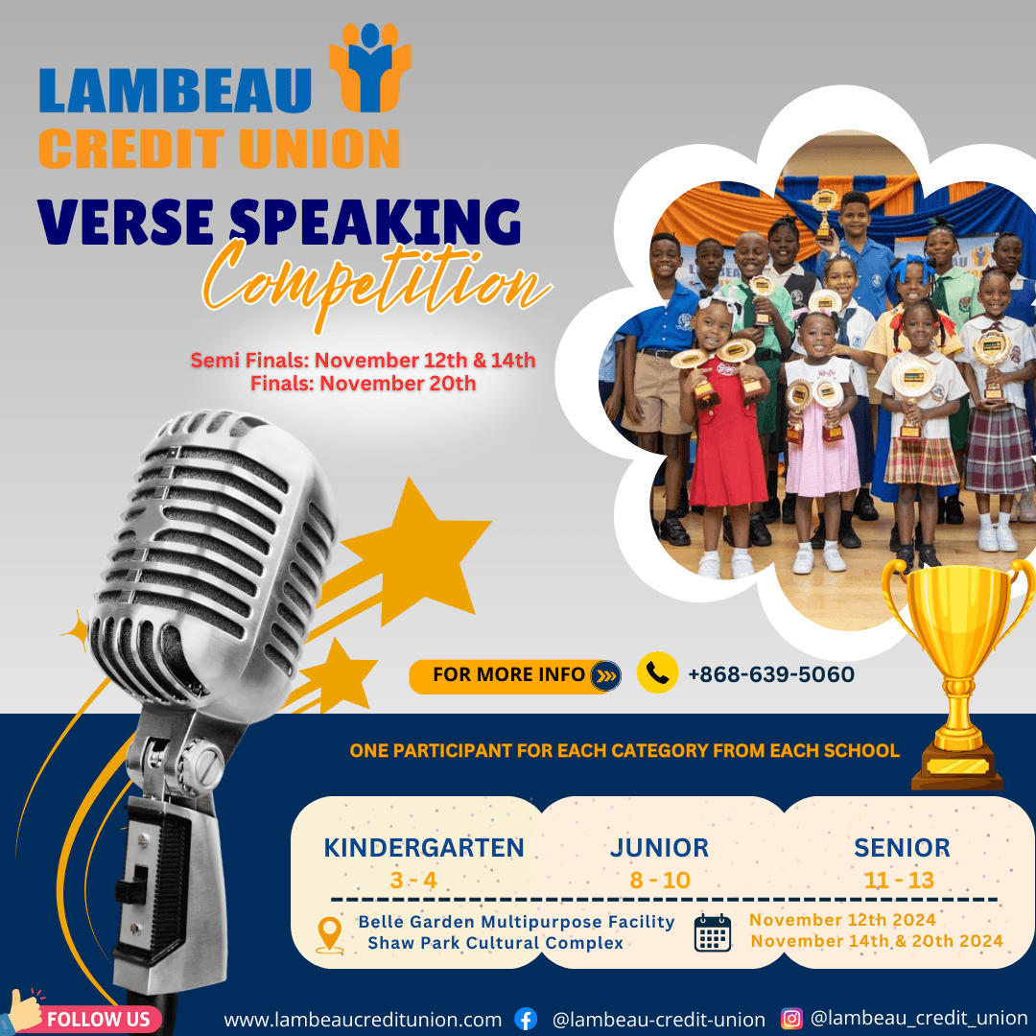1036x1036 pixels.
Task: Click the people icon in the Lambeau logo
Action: coord(370,67)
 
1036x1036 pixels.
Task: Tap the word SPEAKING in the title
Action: coord(375,222)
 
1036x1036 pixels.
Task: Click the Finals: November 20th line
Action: coord(363,383)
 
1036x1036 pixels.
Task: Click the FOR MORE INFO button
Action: coord(515,676)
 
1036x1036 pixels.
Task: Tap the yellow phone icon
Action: coord(657,672)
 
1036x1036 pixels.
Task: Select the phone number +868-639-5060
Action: coord(771,674)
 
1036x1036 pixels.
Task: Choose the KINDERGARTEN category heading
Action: coord(424,848)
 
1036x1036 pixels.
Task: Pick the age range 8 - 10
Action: coord(659,880)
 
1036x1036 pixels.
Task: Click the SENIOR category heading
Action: coord(902,848)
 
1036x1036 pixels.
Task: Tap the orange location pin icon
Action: coord(330,934)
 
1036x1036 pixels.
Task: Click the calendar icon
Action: coord(712,933)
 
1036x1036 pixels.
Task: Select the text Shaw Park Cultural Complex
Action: coord(496,943)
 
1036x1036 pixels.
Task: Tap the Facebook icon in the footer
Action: coord(526,1019)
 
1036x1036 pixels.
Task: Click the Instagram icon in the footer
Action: coord(791,1018)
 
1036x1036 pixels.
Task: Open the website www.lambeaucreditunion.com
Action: coord(363,1020)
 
